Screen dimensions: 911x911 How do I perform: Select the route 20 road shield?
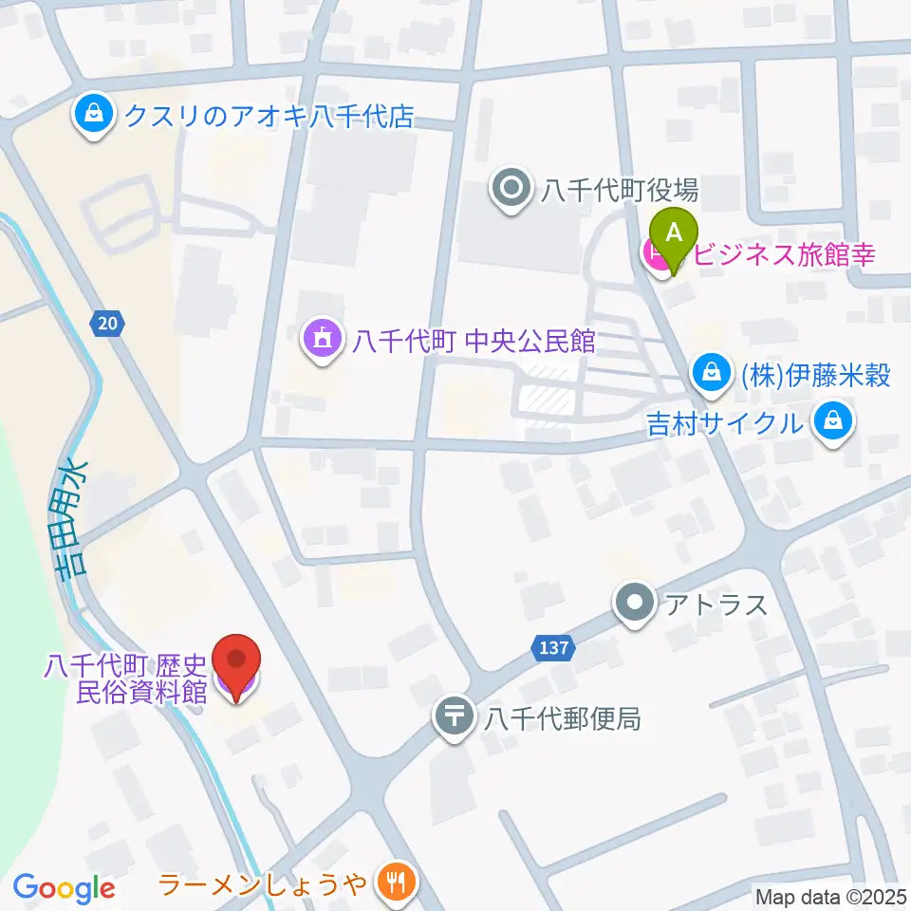(x=108, y=325)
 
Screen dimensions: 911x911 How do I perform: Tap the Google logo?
(x=65, y=888)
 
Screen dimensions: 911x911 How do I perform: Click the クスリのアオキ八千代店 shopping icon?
(x=93, y=116)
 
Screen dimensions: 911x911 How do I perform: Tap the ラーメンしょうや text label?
(x=262, y=885)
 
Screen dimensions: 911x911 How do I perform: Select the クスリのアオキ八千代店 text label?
(x=269, y=117)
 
